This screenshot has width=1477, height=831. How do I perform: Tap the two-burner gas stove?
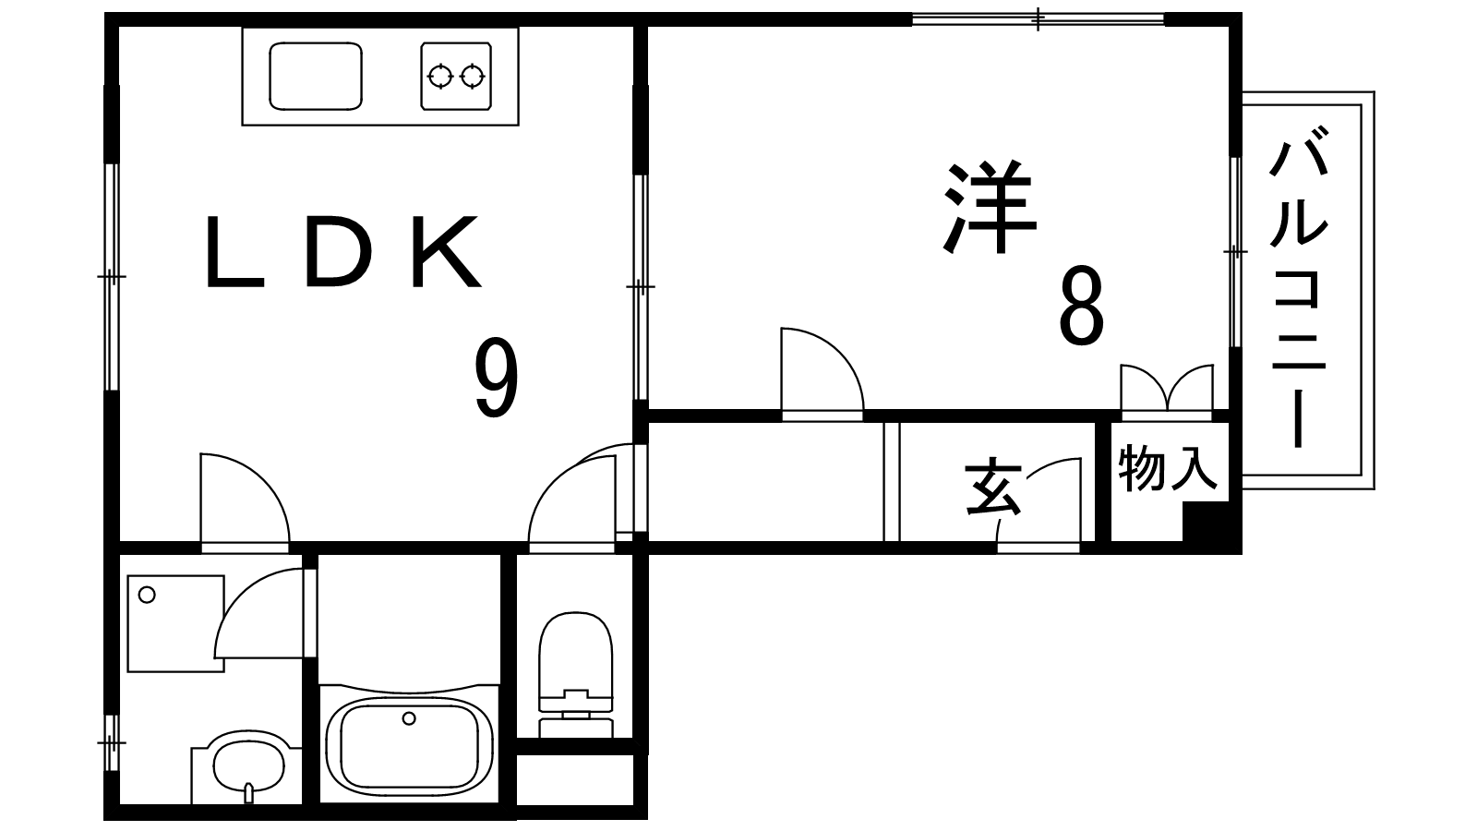456,76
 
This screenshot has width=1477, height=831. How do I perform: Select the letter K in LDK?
446,252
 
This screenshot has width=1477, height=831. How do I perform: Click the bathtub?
409,743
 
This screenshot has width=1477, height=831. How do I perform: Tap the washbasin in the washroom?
247,765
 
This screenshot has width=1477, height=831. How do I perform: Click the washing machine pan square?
175,621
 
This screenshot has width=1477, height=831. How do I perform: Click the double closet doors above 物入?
1166,388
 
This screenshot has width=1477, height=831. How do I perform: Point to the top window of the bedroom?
1038,18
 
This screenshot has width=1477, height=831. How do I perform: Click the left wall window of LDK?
111,276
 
